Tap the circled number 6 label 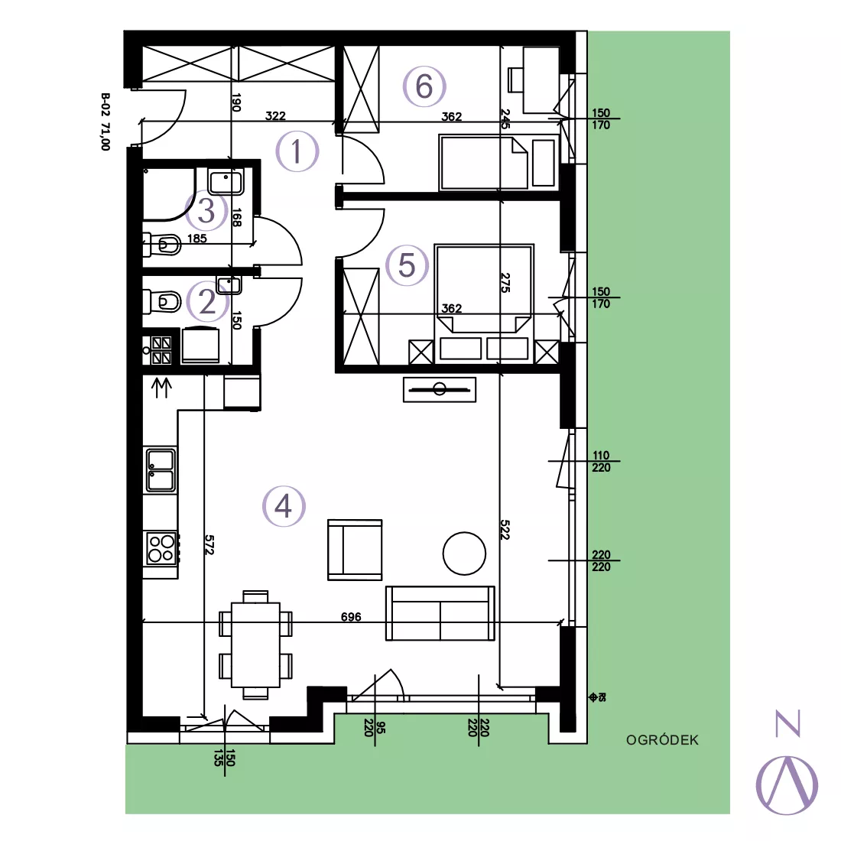424,86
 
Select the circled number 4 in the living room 284,506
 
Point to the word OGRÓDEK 662,740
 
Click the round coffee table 465,554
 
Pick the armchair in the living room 355,550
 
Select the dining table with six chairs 256,645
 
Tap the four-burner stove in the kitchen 161,548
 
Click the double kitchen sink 161,470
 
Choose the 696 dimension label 352,617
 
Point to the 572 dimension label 209,544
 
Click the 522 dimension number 505,529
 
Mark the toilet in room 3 162,245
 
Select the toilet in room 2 162,301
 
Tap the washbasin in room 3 226,180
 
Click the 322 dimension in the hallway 276,116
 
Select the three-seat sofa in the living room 440,613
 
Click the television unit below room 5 440,389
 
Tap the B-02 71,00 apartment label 106,122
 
